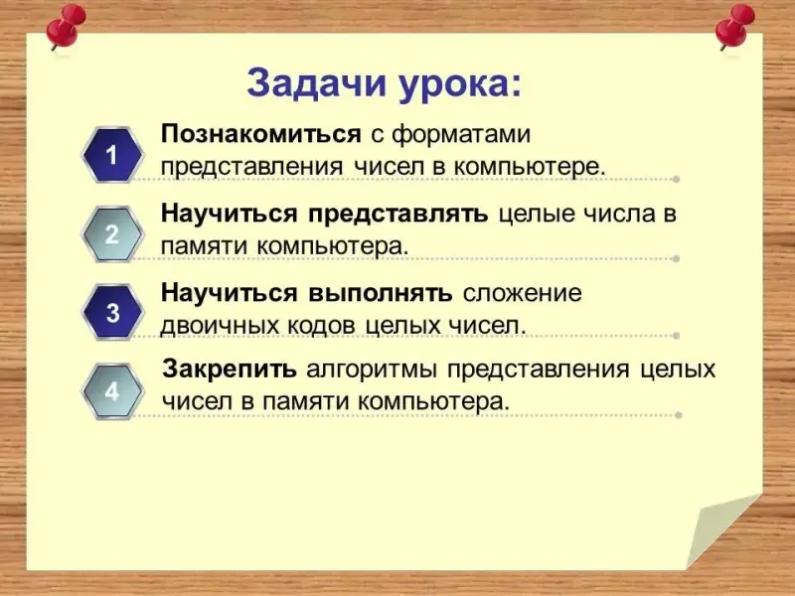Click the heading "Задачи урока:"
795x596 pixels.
click(x=384, y=85)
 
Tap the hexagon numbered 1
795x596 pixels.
click(x=112, y=155)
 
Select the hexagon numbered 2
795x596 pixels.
click(x=112, y=234)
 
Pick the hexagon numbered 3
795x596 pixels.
click(x=112, y=312)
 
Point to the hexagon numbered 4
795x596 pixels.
click(x=112, y=391)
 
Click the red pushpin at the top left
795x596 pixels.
click(x=65, y=27)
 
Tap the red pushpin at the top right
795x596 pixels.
click(x=734, y=27)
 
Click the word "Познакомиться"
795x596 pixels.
click(x=261, y=134)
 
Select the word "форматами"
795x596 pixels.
click(x=461, y=135)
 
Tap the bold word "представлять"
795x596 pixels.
click(x=398, y=215)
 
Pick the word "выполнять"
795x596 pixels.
click(x=381, y=293)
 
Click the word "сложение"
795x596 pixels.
click(x=523, y=293)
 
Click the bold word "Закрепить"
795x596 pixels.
click(x=230, y=370)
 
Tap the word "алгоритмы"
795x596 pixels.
click(x=372, y=371)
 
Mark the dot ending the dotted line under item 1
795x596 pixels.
click(x=676, y=179)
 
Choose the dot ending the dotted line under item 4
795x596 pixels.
click(x=679, y=415)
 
